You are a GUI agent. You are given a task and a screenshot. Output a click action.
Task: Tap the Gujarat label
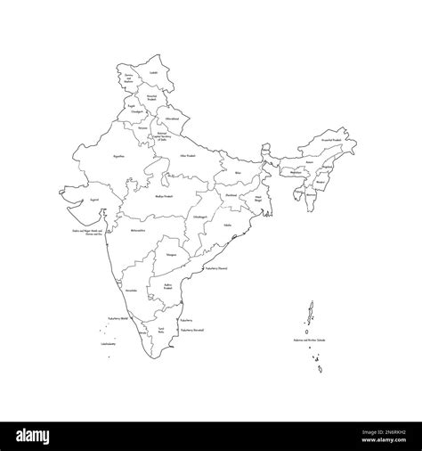81,201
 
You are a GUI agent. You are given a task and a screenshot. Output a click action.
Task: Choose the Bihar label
238,172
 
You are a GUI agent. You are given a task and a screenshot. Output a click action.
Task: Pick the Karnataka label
131,291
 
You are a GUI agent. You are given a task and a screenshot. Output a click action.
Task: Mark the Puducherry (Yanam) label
217,266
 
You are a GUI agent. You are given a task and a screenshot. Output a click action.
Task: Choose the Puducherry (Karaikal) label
192,329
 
